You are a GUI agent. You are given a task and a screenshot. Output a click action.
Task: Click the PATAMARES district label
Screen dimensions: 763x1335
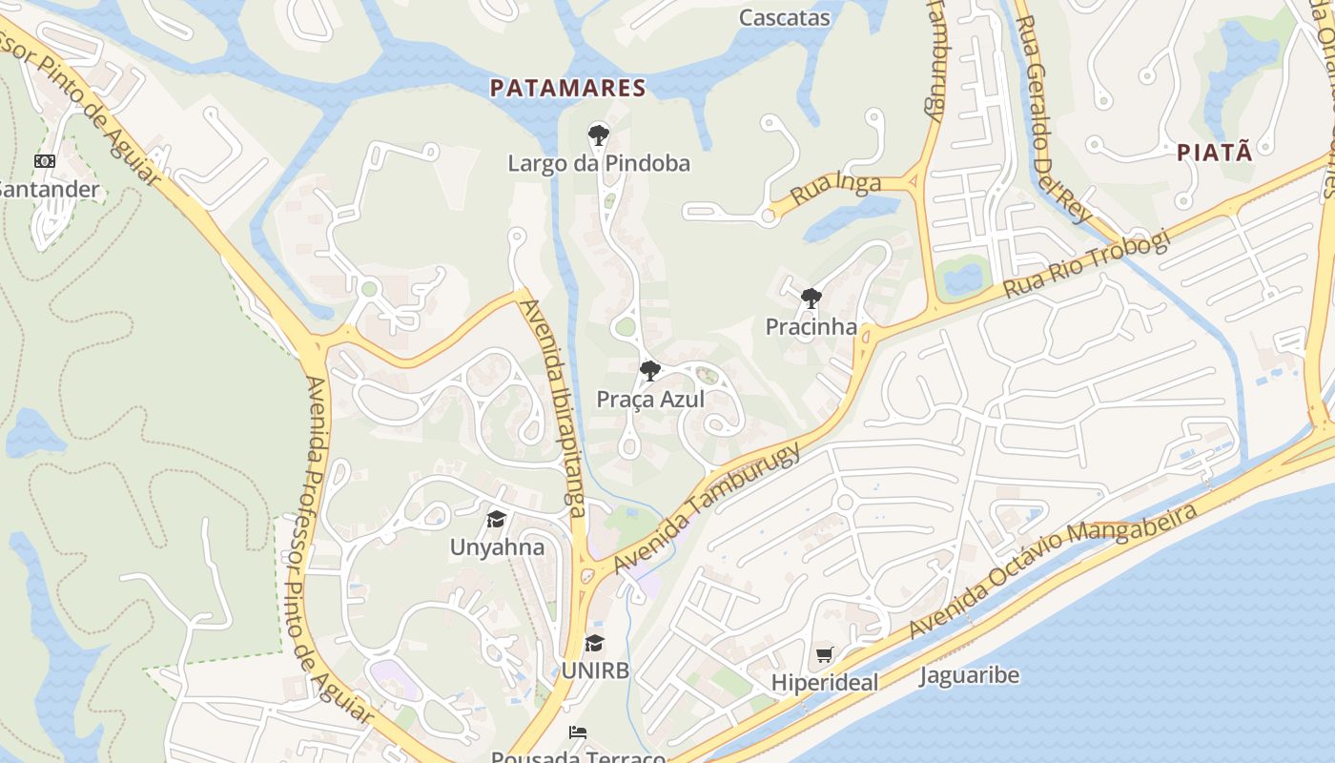tap(568, 89)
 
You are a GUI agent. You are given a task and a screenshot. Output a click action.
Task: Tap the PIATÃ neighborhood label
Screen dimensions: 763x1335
tap(1214, 153)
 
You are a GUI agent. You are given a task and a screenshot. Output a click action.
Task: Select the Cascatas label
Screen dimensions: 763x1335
tap(785, 17)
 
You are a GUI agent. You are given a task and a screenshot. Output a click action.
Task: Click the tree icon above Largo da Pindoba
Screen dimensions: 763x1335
tap(598, 134)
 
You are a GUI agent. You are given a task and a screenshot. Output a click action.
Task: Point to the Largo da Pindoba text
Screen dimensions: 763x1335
tap(598, 163)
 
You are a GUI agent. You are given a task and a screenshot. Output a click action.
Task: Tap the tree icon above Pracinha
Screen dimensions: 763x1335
tap(811, 299)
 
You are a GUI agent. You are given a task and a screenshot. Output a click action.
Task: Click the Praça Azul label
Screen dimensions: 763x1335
tap(650, 400)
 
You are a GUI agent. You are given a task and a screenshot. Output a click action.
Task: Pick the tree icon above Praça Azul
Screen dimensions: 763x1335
tap(649, 370)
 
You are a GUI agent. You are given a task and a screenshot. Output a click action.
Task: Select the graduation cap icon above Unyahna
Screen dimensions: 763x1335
tap(496, 519)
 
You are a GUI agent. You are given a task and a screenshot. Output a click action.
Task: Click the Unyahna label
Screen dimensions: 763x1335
tap(497, 547)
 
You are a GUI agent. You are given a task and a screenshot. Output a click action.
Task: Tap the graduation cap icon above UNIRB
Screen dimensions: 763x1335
tap(594, 643)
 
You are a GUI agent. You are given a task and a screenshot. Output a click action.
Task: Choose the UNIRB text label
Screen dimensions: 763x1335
tap(595, 670)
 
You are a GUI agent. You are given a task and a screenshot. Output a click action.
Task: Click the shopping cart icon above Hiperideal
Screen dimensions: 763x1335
tap(825, 654)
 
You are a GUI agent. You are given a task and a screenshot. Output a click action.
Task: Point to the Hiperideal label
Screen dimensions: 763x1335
tap(825, 683)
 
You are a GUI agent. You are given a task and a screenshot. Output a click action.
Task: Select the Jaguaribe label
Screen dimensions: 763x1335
tap(969, 676)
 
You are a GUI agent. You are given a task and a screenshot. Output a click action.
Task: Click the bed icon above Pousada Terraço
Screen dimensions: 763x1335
tap(577, 732)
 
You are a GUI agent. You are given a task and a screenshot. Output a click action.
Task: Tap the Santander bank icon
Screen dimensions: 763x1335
tap(45, 161)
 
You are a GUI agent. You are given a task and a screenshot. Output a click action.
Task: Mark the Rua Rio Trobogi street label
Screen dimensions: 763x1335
tap(1085, 265)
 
